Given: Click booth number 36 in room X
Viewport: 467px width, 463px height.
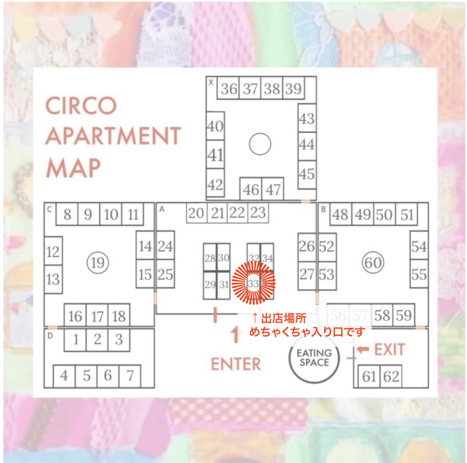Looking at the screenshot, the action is click(x=229, y=88).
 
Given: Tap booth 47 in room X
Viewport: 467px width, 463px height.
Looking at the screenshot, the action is click(x=273, y=189).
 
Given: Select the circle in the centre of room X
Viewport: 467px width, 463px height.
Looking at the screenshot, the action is click(x=260, y=144).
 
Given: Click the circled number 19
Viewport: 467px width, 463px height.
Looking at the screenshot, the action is click(x=98, y=262).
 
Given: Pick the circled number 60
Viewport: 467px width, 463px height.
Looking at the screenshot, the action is click(x=373, y=262).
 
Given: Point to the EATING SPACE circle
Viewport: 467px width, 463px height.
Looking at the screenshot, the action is click(x=314, y=358).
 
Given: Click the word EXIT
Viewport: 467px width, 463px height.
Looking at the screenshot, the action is click(x=389, y=350).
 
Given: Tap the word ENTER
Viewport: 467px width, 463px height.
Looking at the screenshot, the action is click(x=236, y=364).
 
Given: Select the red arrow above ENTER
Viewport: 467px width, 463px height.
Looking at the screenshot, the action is click(x=236, y=334).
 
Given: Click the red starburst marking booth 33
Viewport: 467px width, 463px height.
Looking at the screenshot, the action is click(x=254, y=283).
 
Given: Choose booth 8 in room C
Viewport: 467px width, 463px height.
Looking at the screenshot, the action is click(x=67, y=214).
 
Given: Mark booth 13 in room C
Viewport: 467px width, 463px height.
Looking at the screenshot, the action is click(x=53, y=279).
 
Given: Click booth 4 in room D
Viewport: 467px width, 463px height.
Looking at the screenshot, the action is click(x=64, y=376).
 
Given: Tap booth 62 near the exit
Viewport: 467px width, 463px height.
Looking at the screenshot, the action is click(x=391, y=377).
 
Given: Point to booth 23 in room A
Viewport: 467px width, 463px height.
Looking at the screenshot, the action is click(x=258, y=213).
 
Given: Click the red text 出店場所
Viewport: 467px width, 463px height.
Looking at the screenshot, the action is click(x=284, y=319).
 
